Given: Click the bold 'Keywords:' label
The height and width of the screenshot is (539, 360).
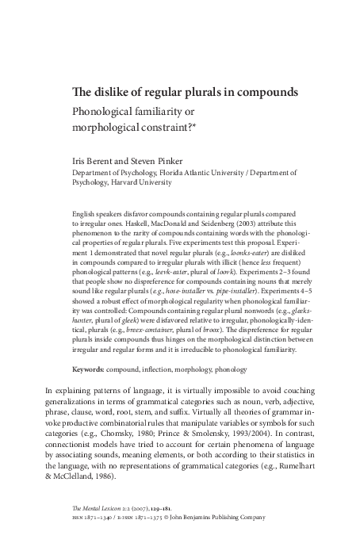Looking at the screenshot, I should [91, 369].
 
